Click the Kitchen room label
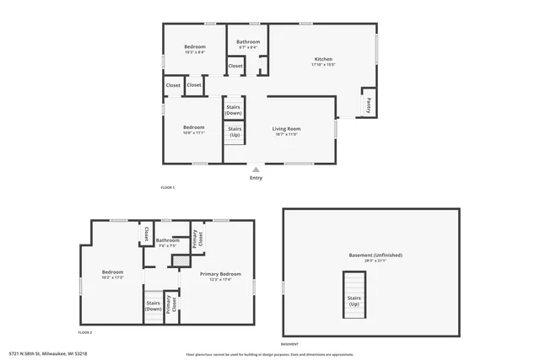(323, 60)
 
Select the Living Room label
(286, 129)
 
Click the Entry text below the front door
(256, 178)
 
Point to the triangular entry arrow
(256, 169)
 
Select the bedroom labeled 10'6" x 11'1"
(194, 128)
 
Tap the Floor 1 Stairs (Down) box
(235, 110)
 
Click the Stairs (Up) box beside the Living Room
(235, 132)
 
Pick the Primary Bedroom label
(220, 275)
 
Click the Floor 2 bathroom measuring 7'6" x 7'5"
(167, 241)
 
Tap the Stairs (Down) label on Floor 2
(153, 306)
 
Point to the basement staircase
(354, 294)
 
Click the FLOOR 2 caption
(85, 333)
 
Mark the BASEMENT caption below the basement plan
(289, 344)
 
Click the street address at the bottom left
(48, 354)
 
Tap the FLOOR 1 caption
(167, 186)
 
